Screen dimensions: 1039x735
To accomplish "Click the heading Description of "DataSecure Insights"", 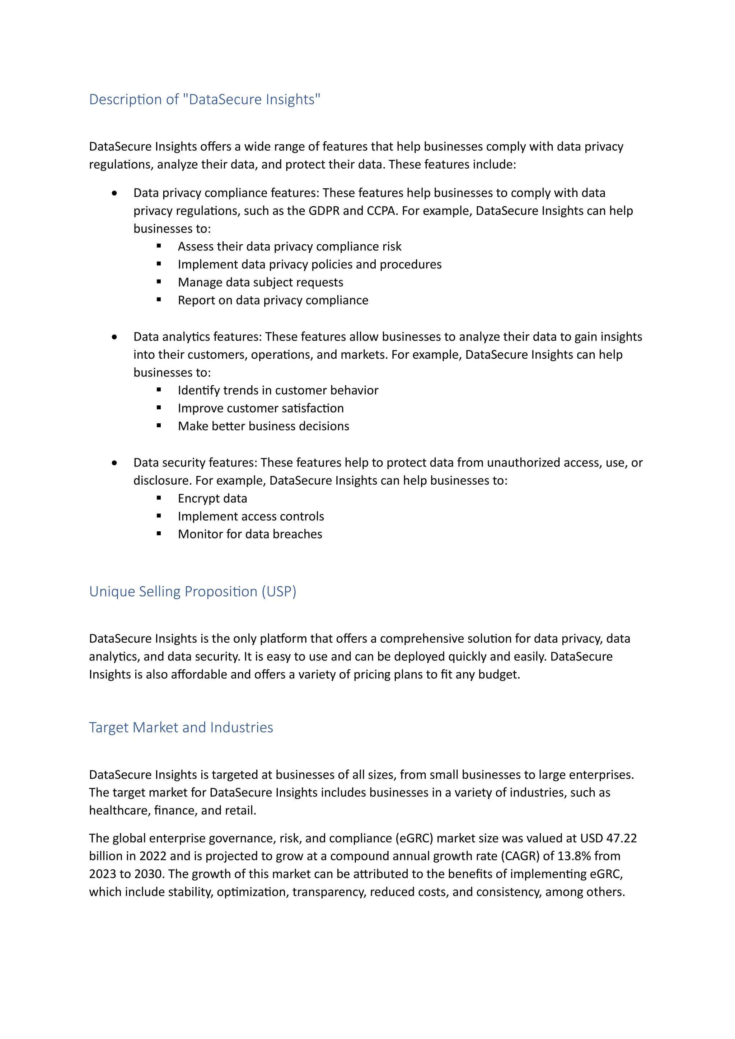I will [205, 99].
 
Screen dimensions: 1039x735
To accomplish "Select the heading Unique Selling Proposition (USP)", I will [192, 592].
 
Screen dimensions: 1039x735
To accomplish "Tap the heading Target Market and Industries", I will [181, 727].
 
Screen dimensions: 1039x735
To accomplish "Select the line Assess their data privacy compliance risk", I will [289, 246].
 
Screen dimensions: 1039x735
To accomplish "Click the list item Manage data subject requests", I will [260, 282].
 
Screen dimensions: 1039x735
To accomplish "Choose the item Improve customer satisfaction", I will [261, 408].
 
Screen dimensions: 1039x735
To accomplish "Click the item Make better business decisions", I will [263, 426].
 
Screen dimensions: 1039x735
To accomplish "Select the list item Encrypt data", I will [212, 499].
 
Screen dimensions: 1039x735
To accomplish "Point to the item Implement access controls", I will [251, 516].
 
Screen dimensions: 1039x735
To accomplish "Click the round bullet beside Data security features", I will [114, 463].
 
